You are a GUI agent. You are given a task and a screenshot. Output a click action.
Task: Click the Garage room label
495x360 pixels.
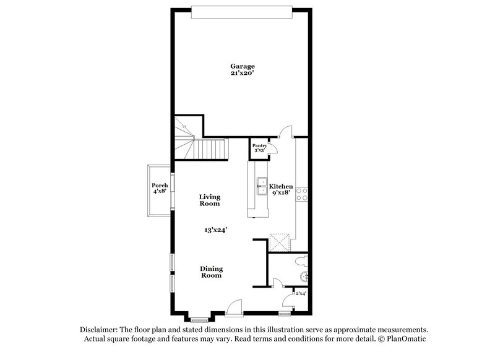pos(243,66)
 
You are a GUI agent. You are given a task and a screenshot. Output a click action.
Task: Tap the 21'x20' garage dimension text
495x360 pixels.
pos(243,73)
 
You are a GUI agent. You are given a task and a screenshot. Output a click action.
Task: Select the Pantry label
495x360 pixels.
pos(259,145)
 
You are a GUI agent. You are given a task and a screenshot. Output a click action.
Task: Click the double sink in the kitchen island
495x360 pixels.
pos(262,186)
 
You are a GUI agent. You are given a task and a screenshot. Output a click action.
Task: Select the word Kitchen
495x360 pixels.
pos(281,186)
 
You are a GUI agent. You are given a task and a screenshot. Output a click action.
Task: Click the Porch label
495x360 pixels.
pos(160,185)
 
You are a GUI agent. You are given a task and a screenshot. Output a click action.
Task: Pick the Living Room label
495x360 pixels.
pos(209,200)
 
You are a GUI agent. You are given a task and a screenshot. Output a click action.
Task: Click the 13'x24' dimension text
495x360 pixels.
pos(216,229)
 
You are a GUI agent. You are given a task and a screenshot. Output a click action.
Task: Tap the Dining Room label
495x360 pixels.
pos(211,272)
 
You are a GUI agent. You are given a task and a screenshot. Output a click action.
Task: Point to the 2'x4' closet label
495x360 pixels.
pos(301,293)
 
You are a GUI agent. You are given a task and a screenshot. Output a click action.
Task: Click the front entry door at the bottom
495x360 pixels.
pos(235,307)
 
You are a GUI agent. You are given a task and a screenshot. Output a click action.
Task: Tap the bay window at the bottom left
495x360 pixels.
pos(199,319)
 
